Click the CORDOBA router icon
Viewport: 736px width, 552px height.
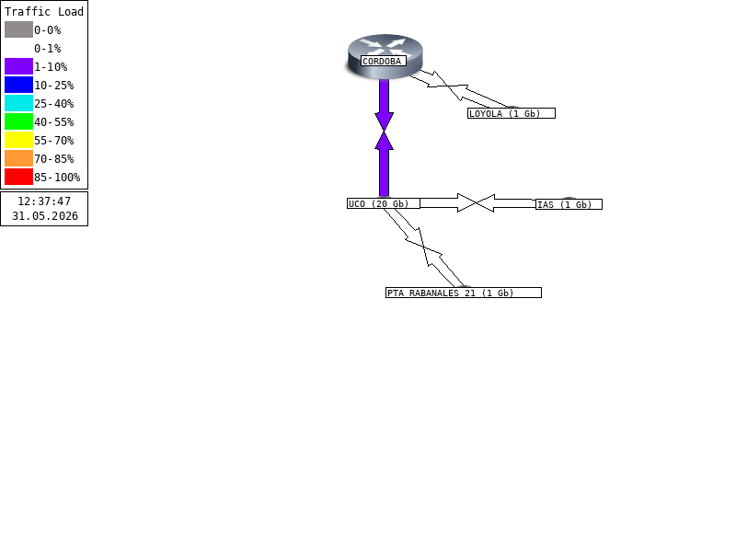385,55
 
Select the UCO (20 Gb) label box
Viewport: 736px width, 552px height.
384,203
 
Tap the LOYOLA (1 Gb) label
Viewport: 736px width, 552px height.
512,113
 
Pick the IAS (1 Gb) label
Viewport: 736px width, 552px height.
569,204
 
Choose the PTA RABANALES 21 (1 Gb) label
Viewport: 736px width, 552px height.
464,293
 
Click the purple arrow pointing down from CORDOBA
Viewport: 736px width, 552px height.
384,105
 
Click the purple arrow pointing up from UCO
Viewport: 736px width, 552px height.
384,165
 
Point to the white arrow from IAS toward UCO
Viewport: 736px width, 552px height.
506,203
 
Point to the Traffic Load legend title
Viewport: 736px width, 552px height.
44,12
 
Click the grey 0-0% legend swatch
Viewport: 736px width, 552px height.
18,29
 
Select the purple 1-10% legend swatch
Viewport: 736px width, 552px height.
18,66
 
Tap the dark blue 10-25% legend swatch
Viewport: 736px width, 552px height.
18,85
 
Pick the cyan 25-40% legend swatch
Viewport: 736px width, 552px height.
18,103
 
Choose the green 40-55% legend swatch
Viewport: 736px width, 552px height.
18,121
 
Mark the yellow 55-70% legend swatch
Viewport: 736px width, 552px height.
18,140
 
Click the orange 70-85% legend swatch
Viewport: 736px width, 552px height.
18,158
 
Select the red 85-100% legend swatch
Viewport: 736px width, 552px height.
18,177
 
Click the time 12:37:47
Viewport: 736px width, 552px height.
44,201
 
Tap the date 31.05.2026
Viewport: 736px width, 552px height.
44,216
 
